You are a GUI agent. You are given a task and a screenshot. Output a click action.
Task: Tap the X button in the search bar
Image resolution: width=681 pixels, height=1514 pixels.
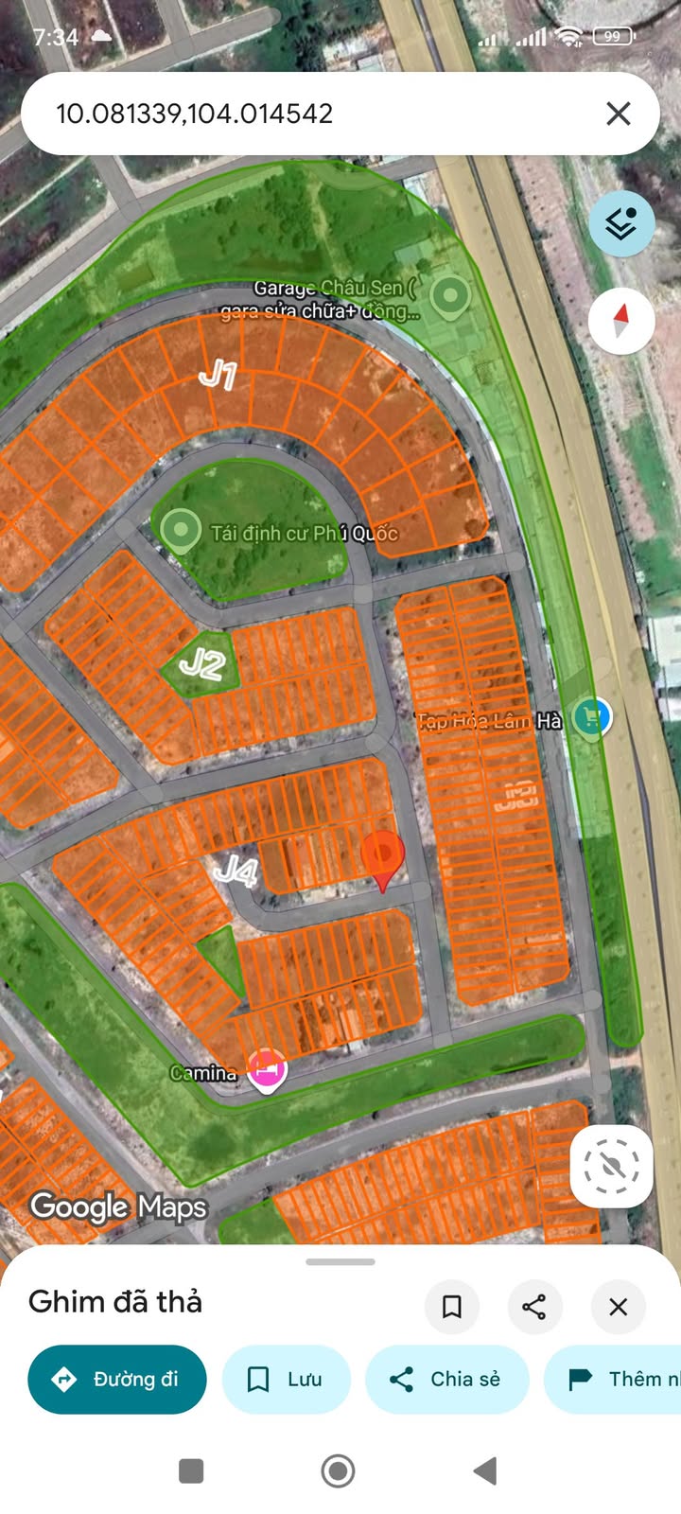pyautogui.click(x=618, y=114)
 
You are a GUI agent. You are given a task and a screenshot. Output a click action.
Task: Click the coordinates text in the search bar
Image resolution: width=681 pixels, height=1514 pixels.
pyautogui.click(x=195, y=114)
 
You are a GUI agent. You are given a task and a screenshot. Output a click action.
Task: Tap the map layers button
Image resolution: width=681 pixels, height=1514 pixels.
pyautogui.click(x=621, y=224)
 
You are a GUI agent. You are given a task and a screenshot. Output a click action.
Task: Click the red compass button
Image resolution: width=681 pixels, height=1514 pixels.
pyautogui.click(x=621, y=321)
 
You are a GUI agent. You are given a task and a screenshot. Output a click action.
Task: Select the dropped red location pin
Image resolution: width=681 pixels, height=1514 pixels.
pyautogui.click(x=382, y=856)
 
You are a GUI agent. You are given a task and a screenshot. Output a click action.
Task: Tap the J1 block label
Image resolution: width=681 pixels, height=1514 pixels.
pyautogui.click(x=218, y=375)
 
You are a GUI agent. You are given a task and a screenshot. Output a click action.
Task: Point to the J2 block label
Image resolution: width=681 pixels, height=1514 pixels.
pyautogui.click(x=201, y=664)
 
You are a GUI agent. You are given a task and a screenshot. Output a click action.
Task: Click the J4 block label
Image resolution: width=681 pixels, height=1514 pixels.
pyautogui.click(x=236, y=870)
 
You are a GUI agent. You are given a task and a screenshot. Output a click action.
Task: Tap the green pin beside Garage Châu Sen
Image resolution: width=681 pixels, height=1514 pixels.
pyautogui.click(x=450, y=296)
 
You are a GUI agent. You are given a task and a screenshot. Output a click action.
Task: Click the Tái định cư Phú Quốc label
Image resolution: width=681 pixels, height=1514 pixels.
pyautogui.click(x=304, y=533)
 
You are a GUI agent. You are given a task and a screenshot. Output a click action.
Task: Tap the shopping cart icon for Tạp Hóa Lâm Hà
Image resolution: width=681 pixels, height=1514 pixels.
pyautogui.click(x=592, y=717)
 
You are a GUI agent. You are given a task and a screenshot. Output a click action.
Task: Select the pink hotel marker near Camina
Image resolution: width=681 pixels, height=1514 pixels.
pyautogui.click(x=267, y=1070)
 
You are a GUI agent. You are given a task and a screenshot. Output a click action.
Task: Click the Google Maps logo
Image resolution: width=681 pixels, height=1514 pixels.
pyautogui.click(x=118, y=1207)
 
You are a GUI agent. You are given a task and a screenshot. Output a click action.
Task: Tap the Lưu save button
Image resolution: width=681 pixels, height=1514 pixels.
pyautogui.click(x=286, y=1380)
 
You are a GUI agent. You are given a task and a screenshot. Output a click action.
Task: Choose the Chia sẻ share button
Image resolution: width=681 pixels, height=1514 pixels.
pyautogui.click(x=446, y=1380)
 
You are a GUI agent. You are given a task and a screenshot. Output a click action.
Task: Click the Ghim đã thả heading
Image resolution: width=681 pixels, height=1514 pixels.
pyautogui.click(x=115, y=1302)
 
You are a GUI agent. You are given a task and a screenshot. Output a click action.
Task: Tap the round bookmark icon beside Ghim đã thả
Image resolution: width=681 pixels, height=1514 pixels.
pyautogui.click(x=451, y=1307)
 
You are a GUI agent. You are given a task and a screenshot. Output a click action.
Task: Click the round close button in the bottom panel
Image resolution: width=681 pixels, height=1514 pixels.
pyautogui.click(x=618, y=1307)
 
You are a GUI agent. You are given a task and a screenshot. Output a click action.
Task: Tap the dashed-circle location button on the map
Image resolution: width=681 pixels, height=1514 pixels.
pyautogui.click(x=611, y=1166)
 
